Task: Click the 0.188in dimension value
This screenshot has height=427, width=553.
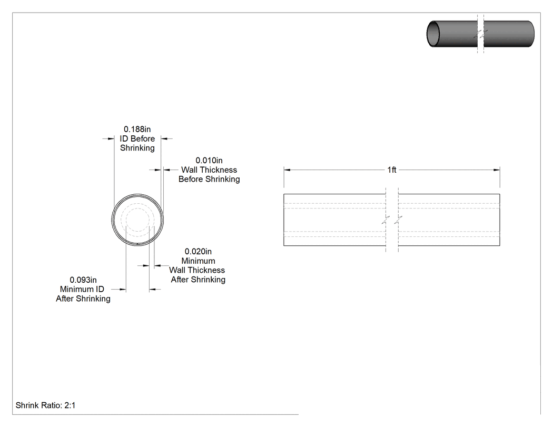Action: [137, 130]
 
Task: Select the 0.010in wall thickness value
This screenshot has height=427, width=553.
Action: [209, 161]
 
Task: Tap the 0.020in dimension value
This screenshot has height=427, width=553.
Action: [198, 252]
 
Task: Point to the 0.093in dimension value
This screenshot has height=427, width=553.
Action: [83, 280]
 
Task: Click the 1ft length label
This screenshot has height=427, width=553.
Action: [392, 170]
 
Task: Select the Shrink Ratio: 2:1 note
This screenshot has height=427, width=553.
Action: [45, 405]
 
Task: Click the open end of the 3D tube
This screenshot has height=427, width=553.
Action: [433, 34]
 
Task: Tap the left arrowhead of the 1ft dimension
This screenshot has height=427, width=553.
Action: [287, 170]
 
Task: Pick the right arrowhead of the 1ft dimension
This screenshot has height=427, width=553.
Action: [497, 170]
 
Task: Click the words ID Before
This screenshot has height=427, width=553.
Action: [137, 139]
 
